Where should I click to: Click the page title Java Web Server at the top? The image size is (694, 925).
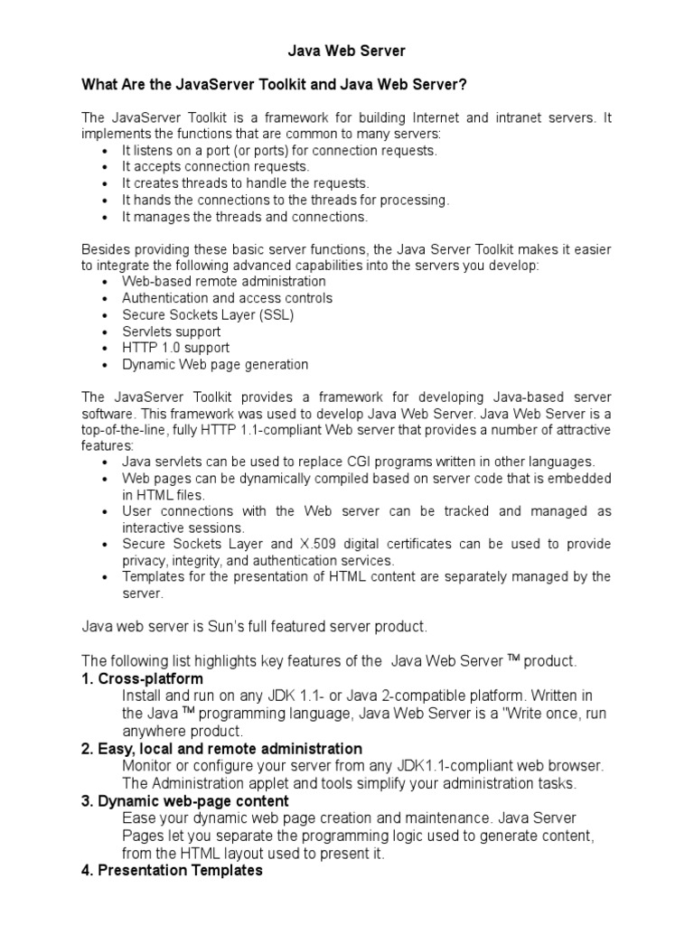pos(347,51)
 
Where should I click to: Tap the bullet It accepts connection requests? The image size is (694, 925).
pos(216,167)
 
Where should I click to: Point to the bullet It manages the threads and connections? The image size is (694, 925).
pos(245,217)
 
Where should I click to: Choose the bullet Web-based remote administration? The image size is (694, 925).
pos(224,282)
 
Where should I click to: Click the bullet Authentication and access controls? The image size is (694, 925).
pos(227,298)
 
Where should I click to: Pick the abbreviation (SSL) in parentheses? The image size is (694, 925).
pos(275,315)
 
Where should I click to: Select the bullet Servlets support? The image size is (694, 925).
pos(171,332)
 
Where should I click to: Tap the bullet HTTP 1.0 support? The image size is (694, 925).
pos(175,348)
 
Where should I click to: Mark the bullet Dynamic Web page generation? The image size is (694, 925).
pos(215,365)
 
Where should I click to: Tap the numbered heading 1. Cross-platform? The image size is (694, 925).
pos(143,678)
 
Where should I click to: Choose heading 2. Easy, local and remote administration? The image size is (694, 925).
pos(222,749)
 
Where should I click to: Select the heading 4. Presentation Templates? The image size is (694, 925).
pos(173,871)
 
